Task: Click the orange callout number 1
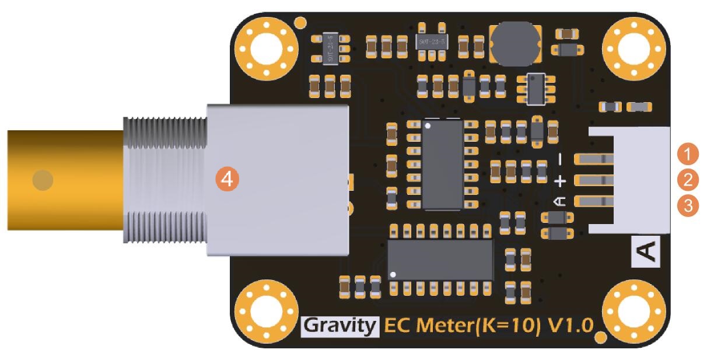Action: (688, 154)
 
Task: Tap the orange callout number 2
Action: (688, 180)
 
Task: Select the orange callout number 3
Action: (688, 205)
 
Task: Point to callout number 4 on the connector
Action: (228, 179)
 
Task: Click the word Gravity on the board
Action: (340, 327)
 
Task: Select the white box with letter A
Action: (646, 251)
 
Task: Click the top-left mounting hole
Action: (266, 49)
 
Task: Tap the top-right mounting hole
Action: (633, 49)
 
